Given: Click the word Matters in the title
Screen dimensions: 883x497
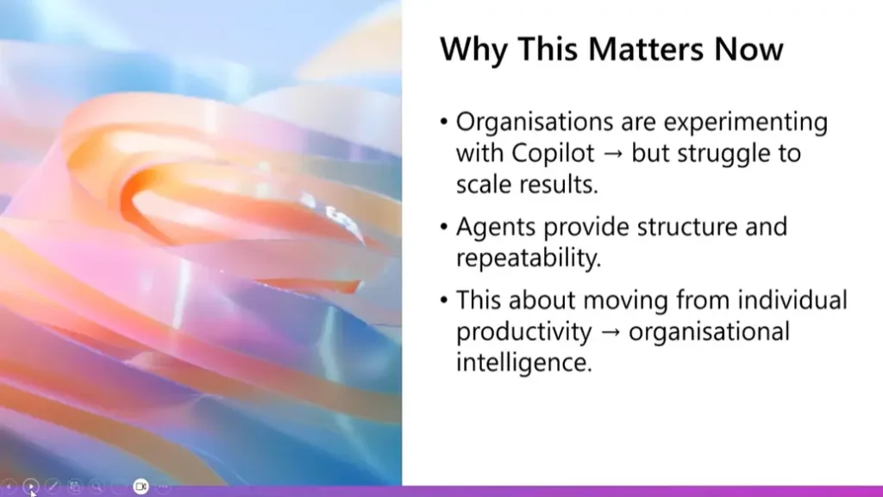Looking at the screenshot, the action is click(x=647, y=48).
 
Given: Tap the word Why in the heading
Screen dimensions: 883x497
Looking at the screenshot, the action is click(x=474, y=49).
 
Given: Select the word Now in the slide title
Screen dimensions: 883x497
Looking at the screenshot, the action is click(x=748, y=48).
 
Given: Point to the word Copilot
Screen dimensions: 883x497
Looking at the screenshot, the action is click(x=553, y=154).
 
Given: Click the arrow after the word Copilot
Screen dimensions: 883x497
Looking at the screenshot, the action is click(x=613, y=154).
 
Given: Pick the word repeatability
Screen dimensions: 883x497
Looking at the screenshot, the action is click(x=529, y=258).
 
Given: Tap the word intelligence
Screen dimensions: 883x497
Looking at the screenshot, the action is click(x=524, y=362).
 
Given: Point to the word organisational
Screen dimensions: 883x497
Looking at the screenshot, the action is click(x=709, y=331).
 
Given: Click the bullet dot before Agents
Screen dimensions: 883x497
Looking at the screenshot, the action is click(x=444, y=227).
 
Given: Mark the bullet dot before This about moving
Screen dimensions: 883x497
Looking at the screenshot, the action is click(x=444, y=299).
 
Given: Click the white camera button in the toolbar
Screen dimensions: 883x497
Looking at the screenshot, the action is click(x=141, y=487).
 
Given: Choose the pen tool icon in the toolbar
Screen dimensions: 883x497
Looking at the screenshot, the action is click(x=53, y=487).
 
